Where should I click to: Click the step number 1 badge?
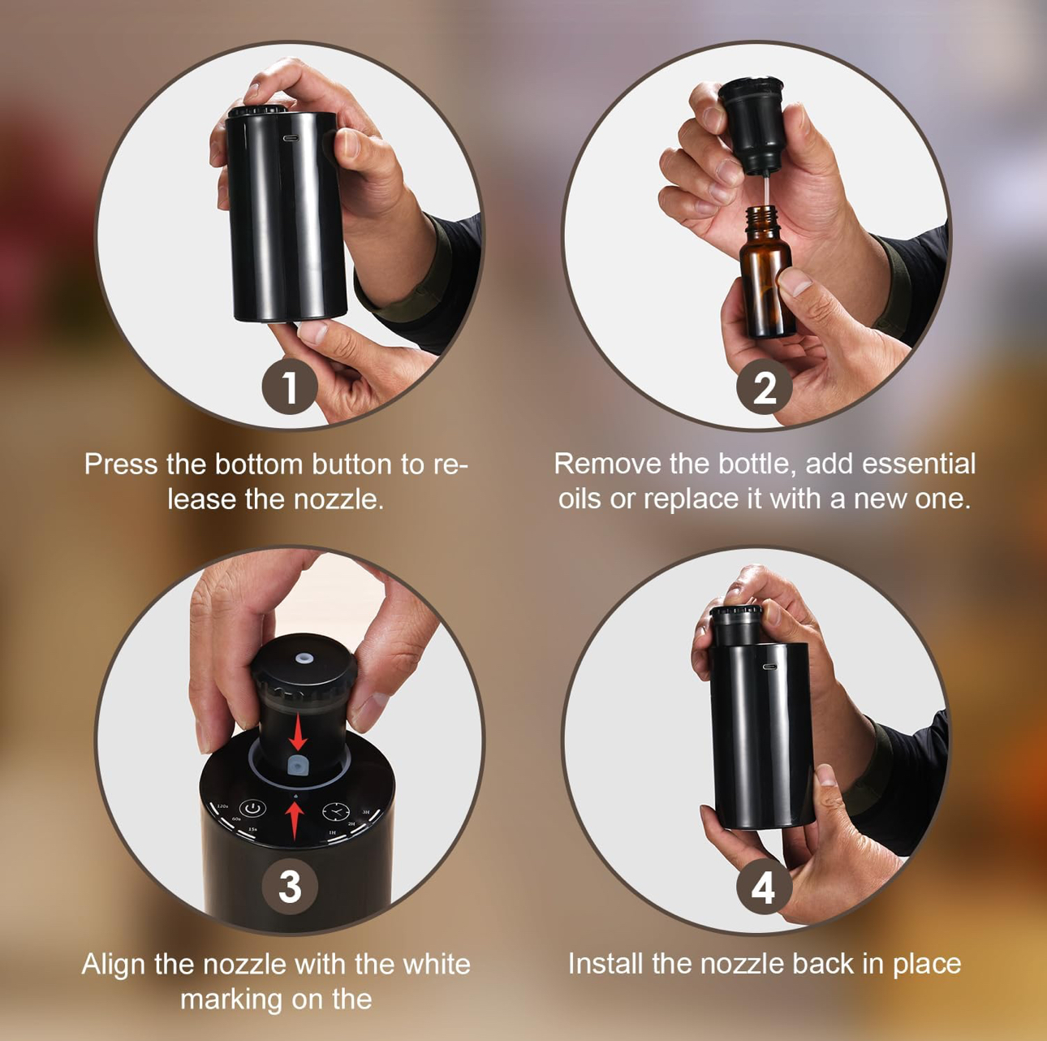[x=290, y=387]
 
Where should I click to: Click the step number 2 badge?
[x=764, y=387]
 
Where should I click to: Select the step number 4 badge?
[x=763, y=887]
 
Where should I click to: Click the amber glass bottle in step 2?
[x=766, y=280]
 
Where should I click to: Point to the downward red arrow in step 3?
[x=298, y=732]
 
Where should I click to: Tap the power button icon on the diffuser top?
[x=254, y=809]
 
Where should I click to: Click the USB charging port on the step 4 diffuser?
[x=769, y=667]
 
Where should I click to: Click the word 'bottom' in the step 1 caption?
[x=259, y=464]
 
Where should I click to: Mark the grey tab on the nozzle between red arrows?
[x=297, y=766]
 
